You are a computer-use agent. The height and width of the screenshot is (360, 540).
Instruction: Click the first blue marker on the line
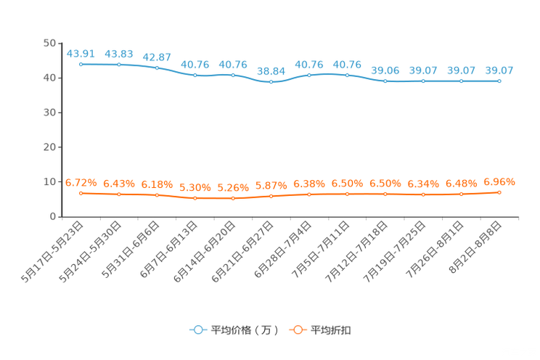click(x=81, y=64)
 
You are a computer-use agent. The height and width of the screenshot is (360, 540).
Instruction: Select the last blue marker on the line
click(x=499, y=81)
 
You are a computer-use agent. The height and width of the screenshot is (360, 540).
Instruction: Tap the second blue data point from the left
click(x=119, y=65)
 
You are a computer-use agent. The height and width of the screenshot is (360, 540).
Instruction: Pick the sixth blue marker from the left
click(x=271, y=81)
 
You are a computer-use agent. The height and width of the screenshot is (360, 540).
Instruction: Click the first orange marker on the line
click(x=81, y=194)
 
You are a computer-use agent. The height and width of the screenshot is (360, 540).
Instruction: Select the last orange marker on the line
click(x=499, y=193)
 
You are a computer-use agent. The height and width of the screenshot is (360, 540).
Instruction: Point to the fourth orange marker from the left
click(x=195, y=198)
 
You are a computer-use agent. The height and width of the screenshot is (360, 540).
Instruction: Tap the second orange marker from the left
click(x=119, y=195)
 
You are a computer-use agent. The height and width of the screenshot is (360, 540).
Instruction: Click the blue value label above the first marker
click(x=81, y=53)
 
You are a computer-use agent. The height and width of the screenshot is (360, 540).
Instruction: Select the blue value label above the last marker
click(x=499, y=70)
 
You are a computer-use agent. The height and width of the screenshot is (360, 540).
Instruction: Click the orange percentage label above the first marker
click(x=81, y=183)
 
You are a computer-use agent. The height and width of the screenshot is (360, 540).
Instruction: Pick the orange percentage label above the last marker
click(x=499, y=183)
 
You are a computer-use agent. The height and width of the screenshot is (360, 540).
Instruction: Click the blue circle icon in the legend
click(x=198, y=330)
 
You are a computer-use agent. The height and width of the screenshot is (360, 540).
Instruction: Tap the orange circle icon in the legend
click(x=297, y=330)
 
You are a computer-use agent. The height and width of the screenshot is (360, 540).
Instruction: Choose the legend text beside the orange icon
click(x=332, y=330)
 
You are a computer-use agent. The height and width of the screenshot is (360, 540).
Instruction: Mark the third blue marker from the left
click(x=157, y=67)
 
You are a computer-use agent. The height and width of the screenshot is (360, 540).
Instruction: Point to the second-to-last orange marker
click(x=462, y=195)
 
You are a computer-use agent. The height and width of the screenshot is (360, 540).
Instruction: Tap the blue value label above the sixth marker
click(x=271, y=70)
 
